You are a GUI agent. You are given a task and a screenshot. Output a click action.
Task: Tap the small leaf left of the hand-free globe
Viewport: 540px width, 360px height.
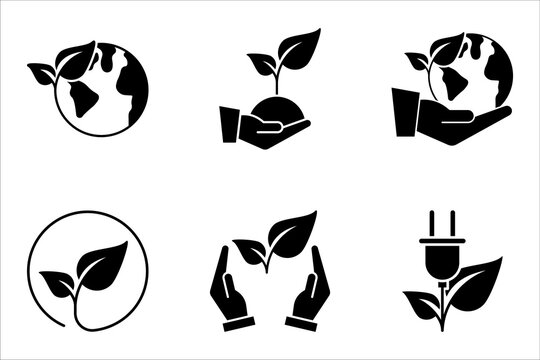point(43,72)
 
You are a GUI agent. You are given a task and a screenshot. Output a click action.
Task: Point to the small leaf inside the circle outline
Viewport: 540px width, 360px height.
point(57,277)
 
